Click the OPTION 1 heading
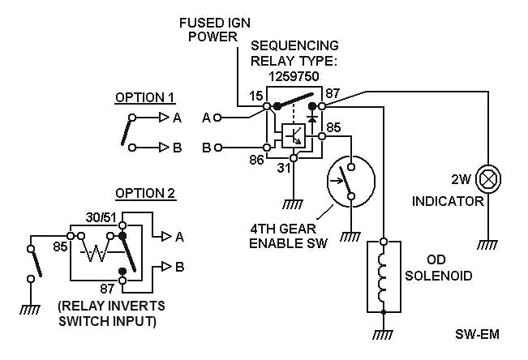(145, 97)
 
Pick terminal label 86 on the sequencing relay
(256, 160)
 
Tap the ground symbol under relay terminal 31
(294, 204)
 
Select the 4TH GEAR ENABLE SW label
(288, 236)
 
